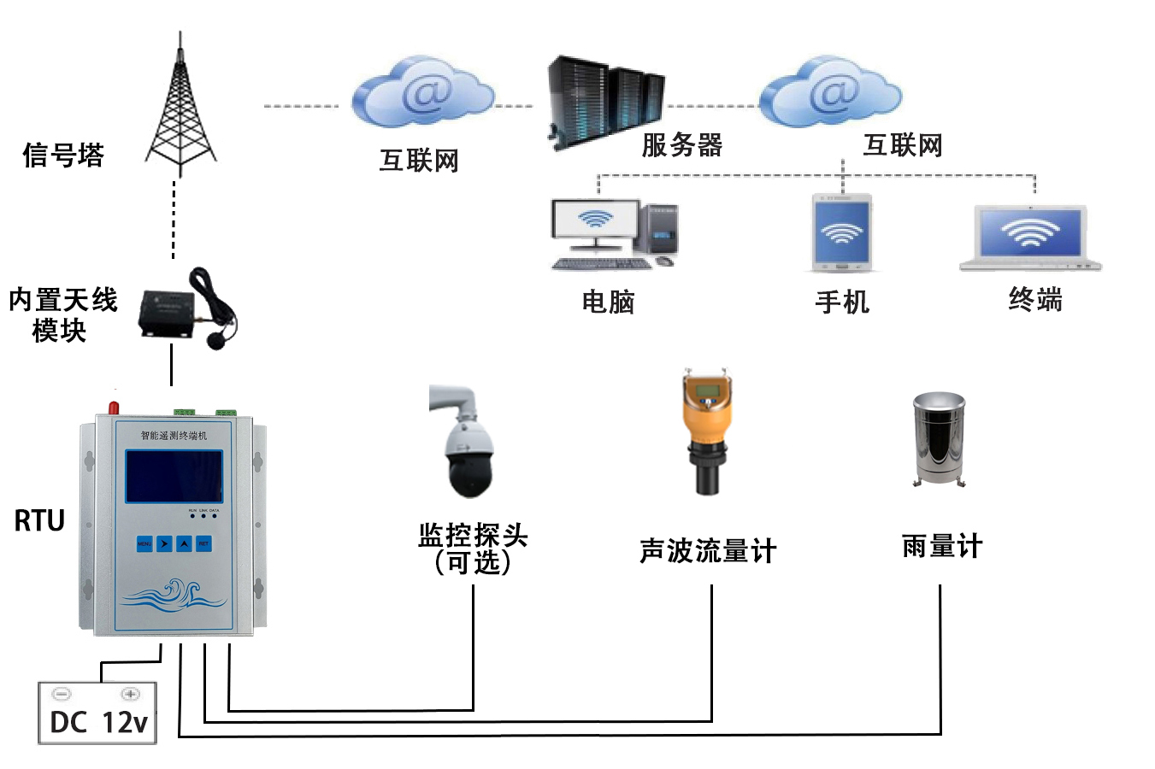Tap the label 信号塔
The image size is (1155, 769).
[63, 156]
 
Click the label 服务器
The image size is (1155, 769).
[682, 145]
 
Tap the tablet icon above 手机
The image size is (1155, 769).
[842, 232]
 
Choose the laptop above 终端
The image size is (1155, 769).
[1030, 237]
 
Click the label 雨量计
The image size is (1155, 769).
[942, 546]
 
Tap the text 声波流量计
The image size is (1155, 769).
[708, 551]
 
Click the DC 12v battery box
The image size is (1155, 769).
[98, 713]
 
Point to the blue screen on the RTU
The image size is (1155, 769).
[174, 476]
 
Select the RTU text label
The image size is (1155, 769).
[39, 520]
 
